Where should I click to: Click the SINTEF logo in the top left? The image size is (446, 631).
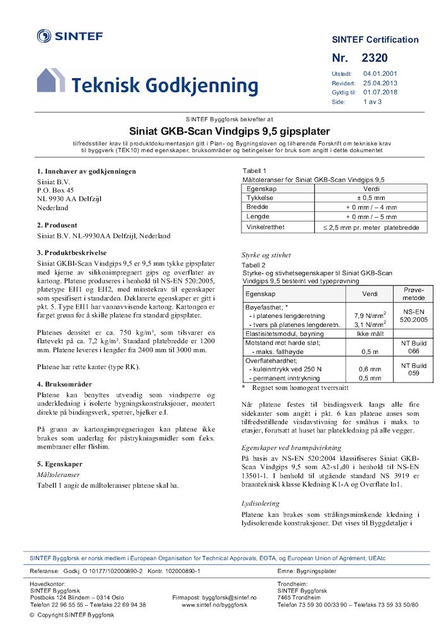pos(69,36)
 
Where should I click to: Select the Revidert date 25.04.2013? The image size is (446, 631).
pos(380,83)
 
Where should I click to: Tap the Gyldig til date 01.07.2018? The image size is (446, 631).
pos(380,91)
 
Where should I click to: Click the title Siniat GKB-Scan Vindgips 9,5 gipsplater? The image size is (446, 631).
pos(230,132)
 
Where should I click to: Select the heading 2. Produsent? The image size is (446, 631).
pos(57,225)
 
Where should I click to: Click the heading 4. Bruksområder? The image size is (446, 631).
pos(64,384)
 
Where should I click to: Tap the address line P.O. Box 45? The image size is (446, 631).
pos(56,190)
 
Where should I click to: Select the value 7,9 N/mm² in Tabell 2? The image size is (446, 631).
pos(370,315)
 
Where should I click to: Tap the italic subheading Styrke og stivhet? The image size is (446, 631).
pos(266,255)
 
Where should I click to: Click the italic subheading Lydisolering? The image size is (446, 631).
pos(261,504)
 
